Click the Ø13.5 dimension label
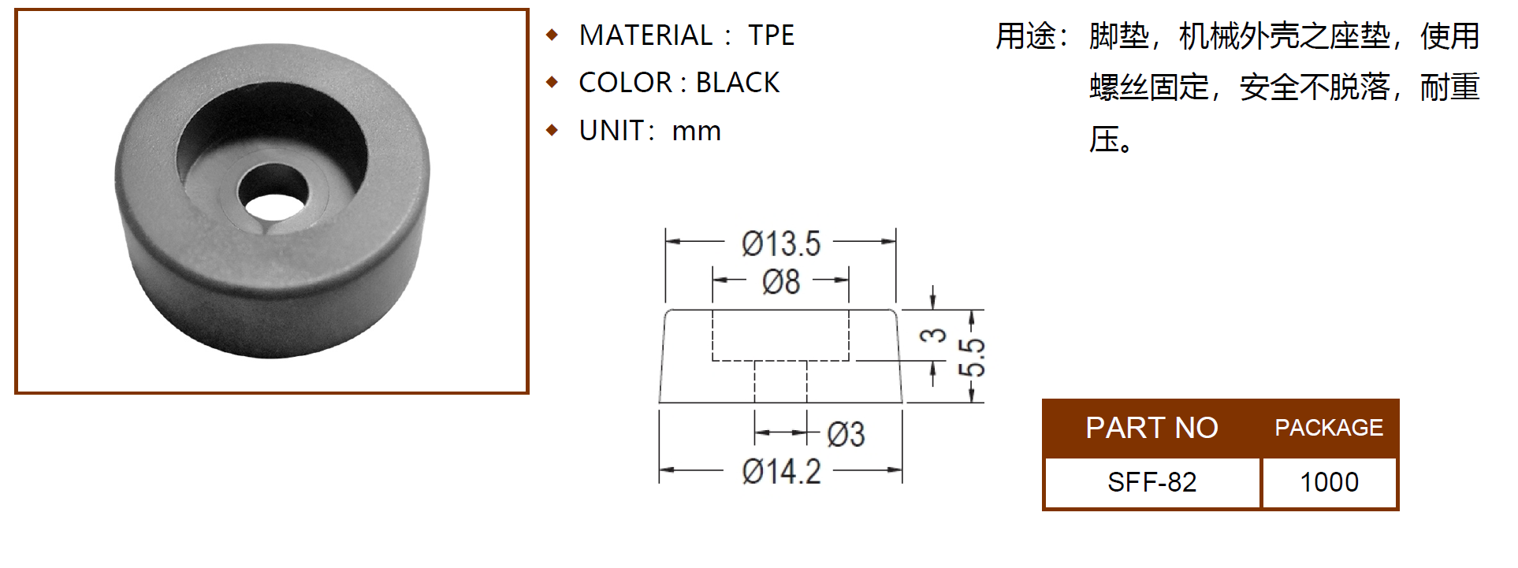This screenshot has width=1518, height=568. pyautogui.click(x=780, y=244)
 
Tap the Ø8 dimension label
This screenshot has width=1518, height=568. pyautogui.click(x=780, y=282)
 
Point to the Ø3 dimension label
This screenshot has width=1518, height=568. pyautogui.click(x=846, y=434)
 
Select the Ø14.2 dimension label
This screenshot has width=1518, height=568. pyautogui.click(x=781, y=472)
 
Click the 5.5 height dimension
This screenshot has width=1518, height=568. pyautogui.click(x=974, y=357)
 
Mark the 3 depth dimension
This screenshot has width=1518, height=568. pyautogui.click(x=934, y=335)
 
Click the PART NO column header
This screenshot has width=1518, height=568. pyautogui.click(x=1152, y=428)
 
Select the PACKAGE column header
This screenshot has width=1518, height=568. pyautogui.click(x=1329, y=428)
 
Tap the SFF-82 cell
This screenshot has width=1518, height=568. pyautogui.click(x=1152, y=482)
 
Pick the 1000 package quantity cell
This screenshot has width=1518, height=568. pyautogui.click(x=1329, y=482)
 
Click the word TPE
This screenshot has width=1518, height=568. pyautogui.click(x=771, y=35)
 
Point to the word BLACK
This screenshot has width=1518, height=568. pyautogui.click(x=738, y=83)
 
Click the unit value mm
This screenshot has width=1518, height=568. pyautogui.click(x=696, y=132)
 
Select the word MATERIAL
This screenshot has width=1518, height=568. pyautogui.click(x=646, y=35)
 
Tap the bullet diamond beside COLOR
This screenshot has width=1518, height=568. pyautogui.click(x=553, y=82)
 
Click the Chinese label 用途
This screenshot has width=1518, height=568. pyautogui.click(x=1025, y=36)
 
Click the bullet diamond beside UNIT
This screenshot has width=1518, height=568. pyautogui.click(x=553, y=130)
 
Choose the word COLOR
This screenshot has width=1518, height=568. pyautogui.click(x=625, y=83)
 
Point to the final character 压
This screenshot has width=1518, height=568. pyautogui.click(x=1103, y=139)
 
